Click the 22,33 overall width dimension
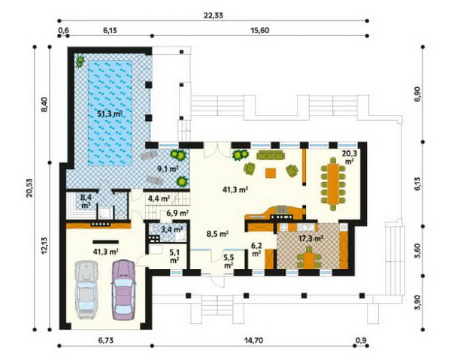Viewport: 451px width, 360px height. coord(213,16)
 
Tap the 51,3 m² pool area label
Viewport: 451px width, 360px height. coord(109,114)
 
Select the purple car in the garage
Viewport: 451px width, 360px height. coord(123,290)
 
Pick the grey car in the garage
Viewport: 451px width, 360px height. coord(85,290)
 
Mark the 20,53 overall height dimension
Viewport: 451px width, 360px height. coord(29,188)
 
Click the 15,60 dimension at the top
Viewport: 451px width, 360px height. coord(260,30)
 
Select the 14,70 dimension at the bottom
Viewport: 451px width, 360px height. coord(253,340)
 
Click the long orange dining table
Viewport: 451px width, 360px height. coord(333,183)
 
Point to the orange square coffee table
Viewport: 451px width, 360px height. coord(271,173)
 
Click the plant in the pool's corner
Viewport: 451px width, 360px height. coord(80,60)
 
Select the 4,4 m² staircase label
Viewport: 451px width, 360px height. coord(159,198)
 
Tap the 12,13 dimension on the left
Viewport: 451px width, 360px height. coord(44,245)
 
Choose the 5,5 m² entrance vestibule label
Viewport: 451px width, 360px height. coord(228,261)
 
